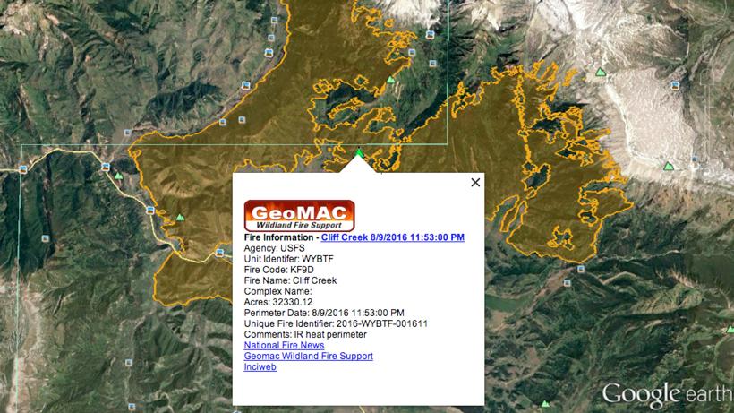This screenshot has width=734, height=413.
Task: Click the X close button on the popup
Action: [475, 182]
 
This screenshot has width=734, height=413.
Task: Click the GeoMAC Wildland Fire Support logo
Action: [299, 215]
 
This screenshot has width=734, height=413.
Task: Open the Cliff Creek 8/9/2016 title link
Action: [393, 237]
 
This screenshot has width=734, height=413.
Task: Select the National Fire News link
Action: [284, 345]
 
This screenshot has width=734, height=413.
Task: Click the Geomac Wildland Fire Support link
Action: [308, 356]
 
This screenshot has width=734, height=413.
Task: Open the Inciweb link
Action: [260, 366]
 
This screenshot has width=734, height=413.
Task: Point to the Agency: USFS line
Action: [275, 248]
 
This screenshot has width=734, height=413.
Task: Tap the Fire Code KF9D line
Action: [277, 270]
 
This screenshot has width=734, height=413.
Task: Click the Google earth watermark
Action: [666, 393]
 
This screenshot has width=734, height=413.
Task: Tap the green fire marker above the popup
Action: [359, 153]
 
